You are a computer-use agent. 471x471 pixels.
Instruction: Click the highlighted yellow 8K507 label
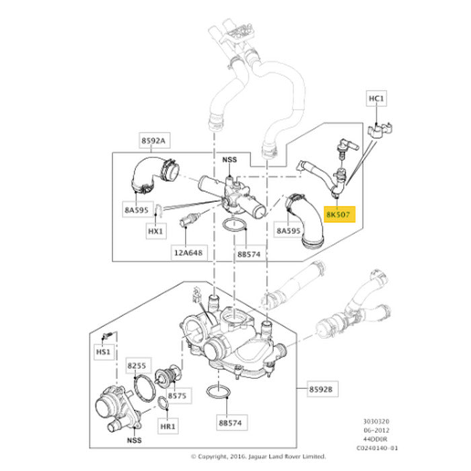[x=339, y=214]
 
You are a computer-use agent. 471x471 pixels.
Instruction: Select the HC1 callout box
[x=376, y=98]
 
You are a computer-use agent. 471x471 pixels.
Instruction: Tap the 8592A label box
[x=154, y=140]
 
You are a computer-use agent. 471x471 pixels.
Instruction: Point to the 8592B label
[x=321, y=389]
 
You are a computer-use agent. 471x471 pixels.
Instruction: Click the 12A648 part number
[x=188, y=253]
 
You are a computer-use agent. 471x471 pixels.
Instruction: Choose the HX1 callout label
[x=155, y=231]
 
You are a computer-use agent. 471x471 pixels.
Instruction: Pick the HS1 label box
[x=103, y=352]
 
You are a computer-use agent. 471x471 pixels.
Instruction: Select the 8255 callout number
[x=137, y=365]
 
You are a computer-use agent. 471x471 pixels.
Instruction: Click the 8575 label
[x=177, y=396]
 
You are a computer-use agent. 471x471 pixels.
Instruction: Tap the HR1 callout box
[x=168, y=426]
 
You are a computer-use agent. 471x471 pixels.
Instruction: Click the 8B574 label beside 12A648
[x=249, y=254]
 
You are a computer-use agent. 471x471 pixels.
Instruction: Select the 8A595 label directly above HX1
[x=137, y=210]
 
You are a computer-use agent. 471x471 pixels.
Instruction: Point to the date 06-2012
[x=376, y=430]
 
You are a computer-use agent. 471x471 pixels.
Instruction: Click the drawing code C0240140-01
[x=377, y=448]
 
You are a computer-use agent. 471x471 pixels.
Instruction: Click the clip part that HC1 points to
[x=379, y=130]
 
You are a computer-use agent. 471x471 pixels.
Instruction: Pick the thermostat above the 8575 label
[x=168, y=376]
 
